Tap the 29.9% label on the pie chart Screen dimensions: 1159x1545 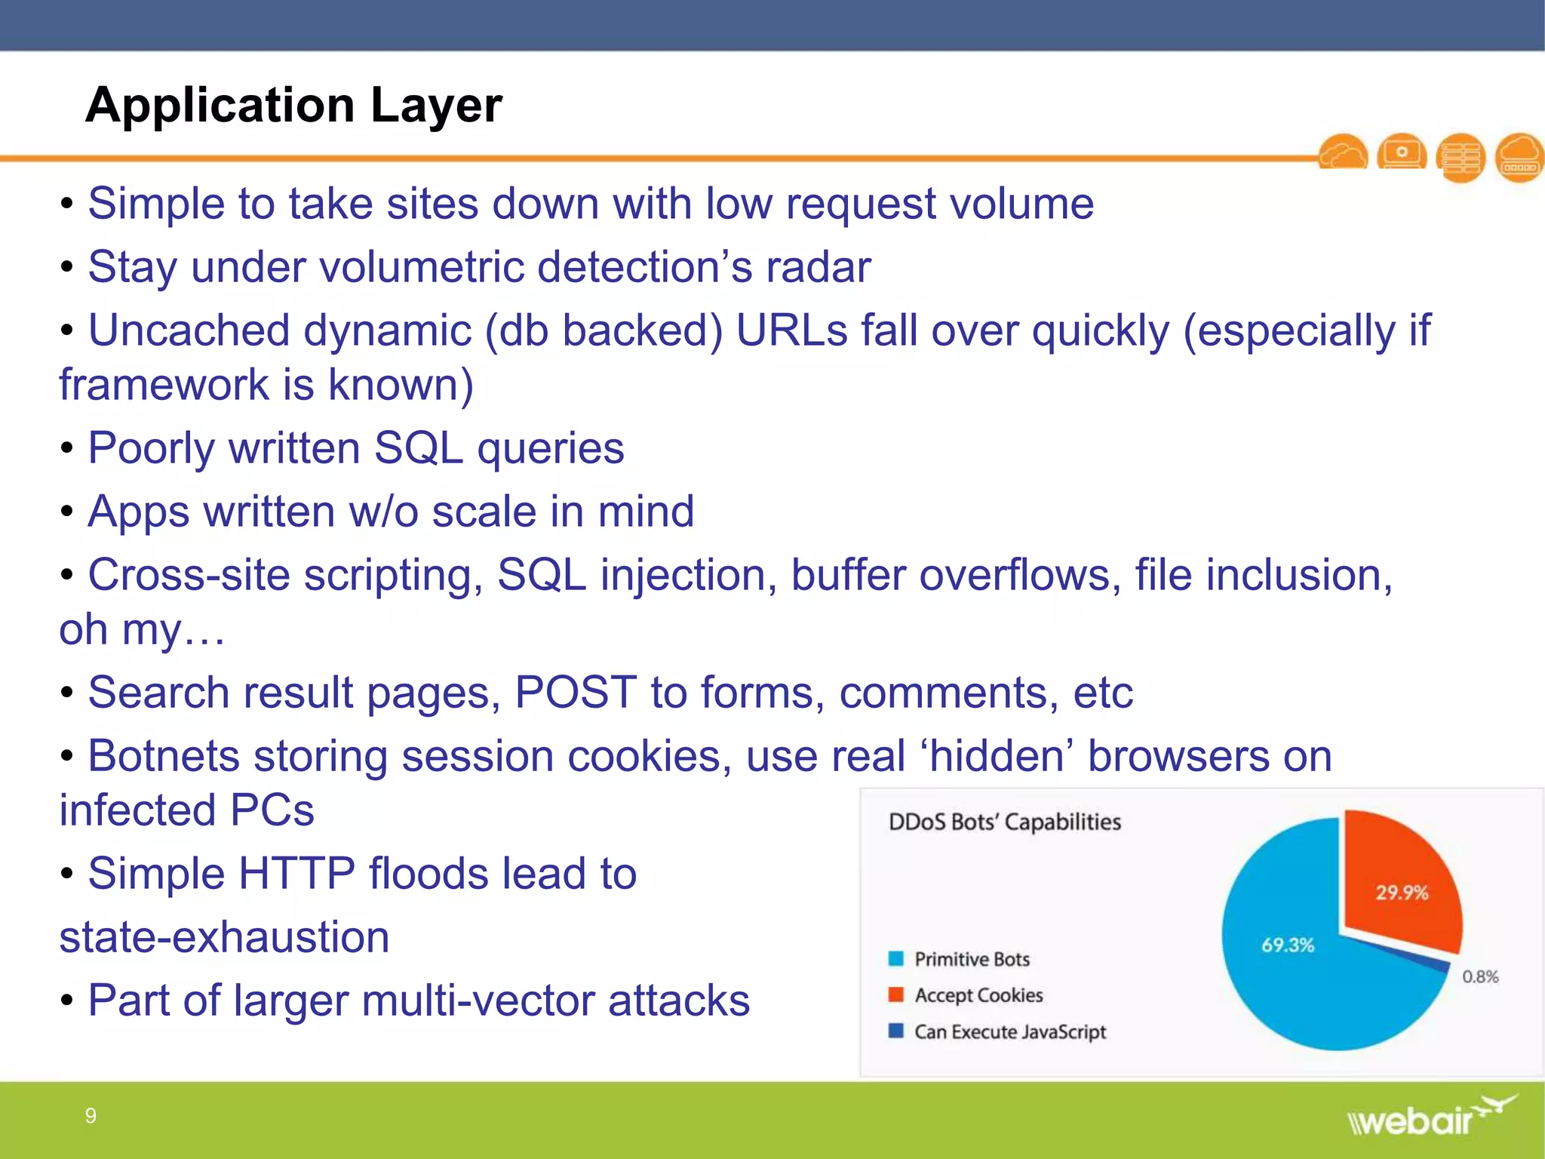point(1401,893)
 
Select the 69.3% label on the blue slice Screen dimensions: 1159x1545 point(1287,945)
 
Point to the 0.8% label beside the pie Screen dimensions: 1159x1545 point(1479,976)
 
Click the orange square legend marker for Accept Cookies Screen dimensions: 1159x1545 point(895,995)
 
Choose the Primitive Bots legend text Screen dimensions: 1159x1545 point(972,959)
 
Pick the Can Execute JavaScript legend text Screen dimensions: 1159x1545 point(1009,1031)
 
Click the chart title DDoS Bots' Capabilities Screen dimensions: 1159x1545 point(1004,822)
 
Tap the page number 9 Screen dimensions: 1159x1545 point(91,1115)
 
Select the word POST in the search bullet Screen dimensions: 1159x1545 point(575,692)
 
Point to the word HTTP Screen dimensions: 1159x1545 point(296,873)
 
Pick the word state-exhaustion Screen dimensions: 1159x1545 point(224,936)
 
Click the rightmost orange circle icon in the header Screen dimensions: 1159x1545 point(1519,158)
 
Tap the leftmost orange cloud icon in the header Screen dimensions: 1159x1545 point(1343,154)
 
